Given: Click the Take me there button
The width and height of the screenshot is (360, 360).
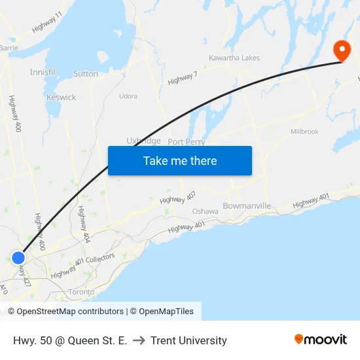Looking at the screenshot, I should (x=180, y=161).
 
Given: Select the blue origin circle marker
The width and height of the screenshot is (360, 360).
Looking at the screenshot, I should (x=18, y=258).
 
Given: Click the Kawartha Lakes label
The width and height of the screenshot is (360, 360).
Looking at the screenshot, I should (x=234, y=58).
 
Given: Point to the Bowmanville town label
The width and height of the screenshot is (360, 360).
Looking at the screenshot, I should (x=247, y=206).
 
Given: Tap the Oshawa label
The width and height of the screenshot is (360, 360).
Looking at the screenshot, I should (x=205, y=211).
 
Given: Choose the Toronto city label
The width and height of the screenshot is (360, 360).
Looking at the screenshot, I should (x=81, y=292).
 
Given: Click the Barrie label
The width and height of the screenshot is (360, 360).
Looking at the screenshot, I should (x=9, y=48).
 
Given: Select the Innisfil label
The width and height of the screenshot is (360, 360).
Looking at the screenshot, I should (x=42, y=71).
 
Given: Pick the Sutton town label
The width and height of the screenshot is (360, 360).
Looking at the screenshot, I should (x=86, y=74).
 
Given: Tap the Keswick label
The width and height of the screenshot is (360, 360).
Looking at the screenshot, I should (x=61, y=98).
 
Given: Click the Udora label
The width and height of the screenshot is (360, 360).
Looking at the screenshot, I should (x=128, y=96).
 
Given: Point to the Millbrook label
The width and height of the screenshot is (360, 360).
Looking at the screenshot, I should (x=304, y=132).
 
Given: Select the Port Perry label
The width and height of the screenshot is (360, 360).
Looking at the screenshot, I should (x=187, y=141).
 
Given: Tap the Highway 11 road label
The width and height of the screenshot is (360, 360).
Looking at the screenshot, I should (x=46, y=23).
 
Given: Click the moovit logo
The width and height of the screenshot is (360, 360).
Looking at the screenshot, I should (x=321, y=340).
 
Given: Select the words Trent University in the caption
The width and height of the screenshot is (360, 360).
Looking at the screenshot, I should (x=189, y=340).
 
